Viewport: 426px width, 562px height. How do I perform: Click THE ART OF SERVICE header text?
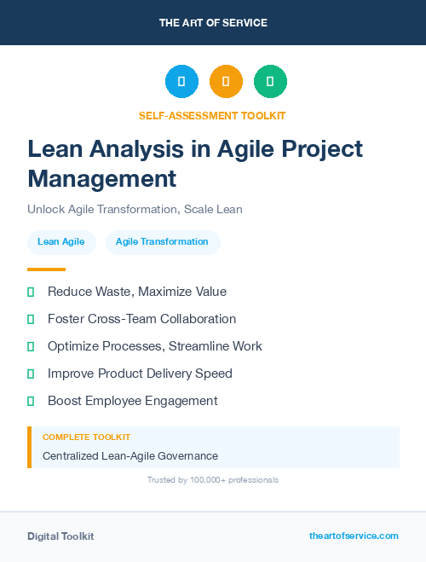point(213,23)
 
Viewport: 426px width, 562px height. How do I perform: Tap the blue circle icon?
point(181,82)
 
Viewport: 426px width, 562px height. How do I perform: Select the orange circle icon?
point(226,82)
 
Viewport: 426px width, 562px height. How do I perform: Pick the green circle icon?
point(270,82)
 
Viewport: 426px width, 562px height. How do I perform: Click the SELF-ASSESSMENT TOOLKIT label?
point(213,115)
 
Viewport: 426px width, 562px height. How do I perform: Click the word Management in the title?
point(102,178)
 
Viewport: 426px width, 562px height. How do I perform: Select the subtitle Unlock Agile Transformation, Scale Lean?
point(135,209)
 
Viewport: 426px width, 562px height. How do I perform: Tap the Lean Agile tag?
point(61,242)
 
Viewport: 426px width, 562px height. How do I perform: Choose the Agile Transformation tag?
point(162,242)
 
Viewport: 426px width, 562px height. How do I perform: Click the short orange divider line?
point(46,269)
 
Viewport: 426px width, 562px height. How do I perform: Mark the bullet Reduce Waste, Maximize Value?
point(137,292)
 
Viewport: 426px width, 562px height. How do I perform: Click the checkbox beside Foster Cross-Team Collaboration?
point(31,319)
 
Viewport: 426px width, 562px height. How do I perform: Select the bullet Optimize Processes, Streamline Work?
point(155,346)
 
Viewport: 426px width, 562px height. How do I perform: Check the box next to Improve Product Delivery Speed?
point(31,374)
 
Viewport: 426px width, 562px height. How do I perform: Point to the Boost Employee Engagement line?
point(133,401)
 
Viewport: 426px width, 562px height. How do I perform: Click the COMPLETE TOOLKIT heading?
point(86,437)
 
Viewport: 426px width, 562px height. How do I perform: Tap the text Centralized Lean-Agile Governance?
point(130,456)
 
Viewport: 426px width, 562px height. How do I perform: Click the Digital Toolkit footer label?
point(60,536)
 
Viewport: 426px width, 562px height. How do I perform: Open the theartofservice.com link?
point(354,536)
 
